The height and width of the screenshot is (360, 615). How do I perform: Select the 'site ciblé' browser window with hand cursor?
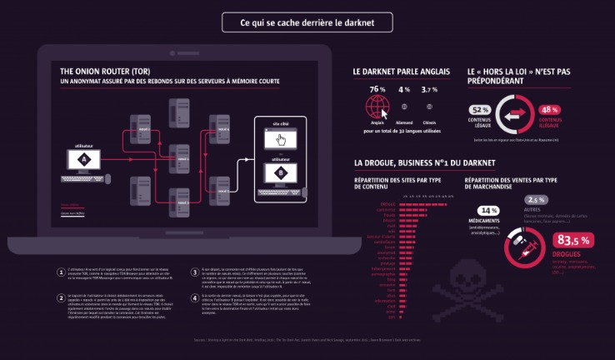point(280,139)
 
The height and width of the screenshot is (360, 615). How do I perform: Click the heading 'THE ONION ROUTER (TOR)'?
point(104,72)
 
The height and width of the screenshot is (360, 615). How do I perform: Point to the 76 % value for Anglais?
point(377,89)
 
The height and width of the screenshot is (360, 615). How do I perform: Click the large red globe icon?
point(377,107)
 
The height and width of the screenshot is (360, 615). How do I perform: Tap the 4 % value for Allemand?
point(404,89)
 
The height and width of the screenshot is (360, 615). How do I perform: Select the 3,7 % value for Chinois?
point(431,89)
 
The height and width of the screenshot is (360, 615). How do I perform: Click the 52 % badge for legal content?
point(481,110)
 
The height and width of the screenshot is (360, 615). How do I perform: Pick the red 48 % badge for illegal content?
point(549,110)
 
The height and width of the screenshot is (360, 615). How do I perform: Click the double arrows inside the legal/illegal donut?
point(515,114)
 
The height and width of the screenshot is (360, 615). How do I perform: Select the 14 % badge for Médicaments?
point(488,211)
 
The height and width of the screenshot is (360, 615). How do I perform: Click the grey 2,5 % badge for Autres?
point(536,200)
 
